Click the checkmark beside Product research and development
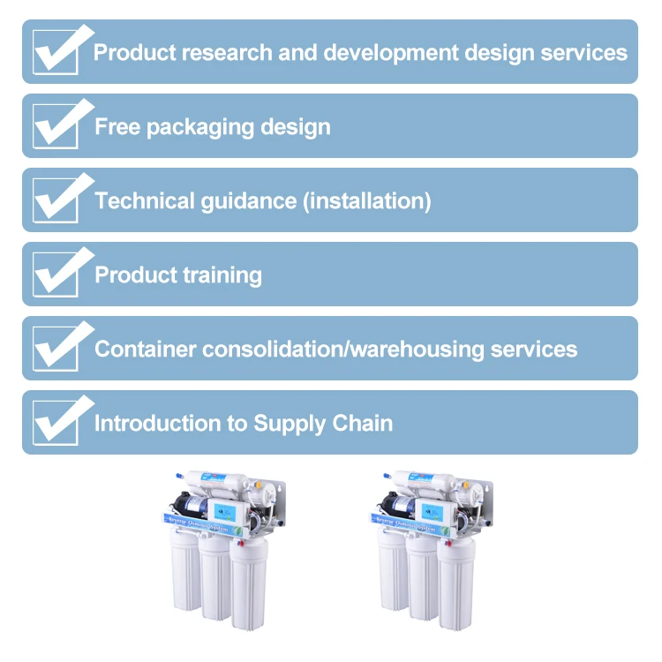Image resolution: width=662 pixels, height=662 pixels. point(59,52)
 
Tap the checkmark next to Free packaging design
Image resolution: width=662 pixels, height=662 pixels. point(59,126)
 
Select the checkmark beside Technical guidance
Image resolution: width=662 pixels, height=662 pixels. point(59,200)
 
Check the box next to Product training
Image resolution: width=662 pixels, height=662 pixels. point(59,275)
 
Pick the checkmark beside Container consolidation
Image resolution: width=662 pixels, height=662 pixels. point(59,349)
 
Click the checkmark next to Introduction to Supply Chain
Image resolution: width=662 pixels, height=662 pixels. point(59,423)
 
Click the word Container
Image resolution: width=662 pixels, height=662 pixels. point(146,349)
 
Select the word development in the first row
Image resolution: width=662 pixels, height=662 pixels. point(392,52)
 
